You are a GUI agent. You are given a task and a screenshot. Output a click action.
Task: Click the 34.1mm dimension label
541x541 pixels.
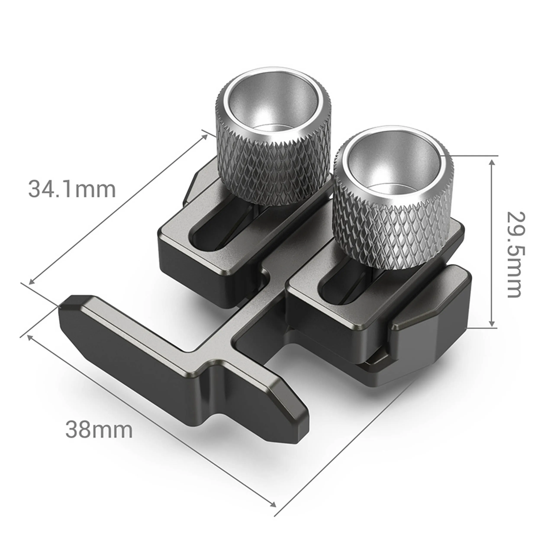pyautogui.click(x=72, y=189)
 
